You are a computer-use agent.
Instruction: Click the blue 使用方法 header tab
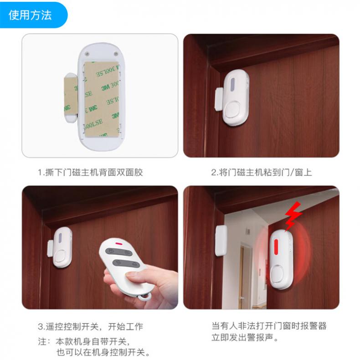pos(32,15)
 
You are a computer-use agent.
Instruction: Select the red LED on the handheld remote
pos(119,243)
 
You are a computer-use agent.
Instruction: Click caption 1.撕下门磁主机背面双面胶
pos(91,172)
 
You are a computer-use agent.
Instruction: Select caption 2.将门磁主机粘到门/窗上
pos(262,172)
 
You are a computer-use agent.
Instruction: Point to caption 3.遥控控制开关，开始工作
pos(91,326)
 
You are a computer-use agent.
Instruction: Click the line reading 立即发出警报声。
pos(245,338)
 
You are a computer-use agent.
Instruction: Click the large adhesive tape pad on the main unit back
pos(102,99)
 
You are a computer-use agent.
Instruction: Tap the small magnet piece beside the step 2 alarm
pos(219,99)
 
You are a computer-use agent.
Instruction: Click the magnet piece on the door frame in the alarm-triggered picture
pos(221,241)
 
